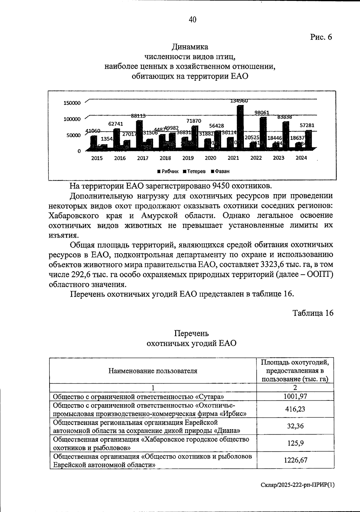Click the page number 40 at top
click(x=192, y=20)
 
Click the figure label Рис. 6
click(x=321, y=37)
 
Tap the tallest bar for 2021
click(x=240, y=126)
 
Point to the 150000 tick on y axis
click(x=72, y=103)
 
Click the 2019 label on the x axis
click(x=188, y=158)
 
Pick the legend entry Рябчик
click(x=168, y=171)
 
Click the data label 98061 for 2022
click(x=262, y=113)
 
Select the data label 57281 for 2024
click(x=307, y=125)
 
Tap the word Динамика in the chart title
click(x=190, y=47)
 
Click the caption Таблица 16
click(x=313, y=313)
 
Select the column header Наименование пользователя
click(x=153, y=371)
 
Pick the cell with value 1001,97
click(x=295, y=396)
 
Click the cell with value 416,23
click(x=295, y=409)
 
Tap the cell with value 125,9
click(x=295, y=443)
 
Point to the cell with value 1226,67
click(x=295, y=460)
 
